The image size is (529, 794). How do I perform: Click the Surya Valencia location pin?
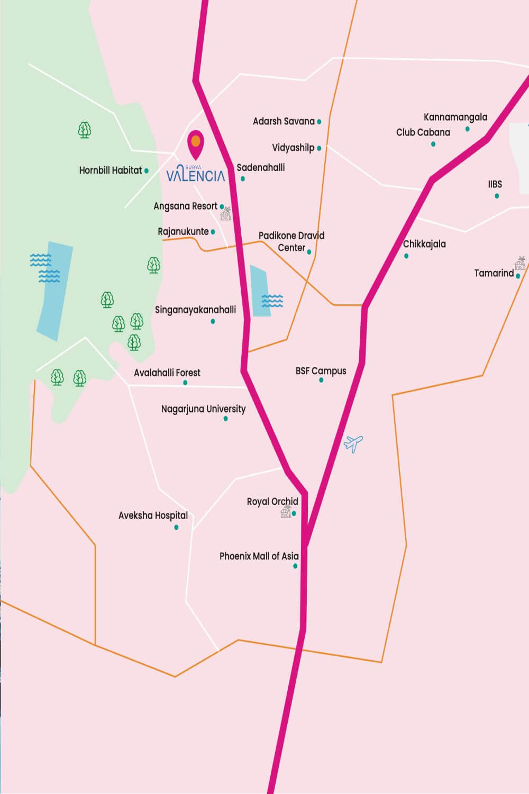click(196, 143)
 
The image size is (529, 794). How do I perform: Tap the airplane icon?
click(353, 444)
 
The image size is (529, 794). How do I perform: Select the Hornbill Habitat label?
click(111, 170)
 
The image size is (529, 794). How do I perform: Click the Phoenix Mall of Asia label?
click(259, 556)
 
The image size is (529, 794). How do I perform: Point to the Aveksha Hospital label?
click(153, 515)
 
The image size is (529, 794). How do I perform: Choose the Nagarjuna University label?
click(203, 409)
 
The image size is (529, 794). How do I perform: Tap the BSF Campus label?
click(321, 371)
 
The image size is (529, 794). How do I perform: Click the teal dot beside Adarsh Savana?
click(319, 122)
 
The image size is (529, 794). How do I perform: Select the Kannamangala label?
click(455, 117)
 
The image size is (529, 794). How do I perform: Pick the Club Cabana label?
click(423, 132)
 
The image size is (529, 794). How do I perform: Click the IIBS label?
click(495, 184)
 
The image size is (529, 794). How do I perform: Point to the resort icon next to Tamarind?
click(520, 263)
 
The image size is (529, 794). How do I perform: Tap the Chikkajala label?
click(424, 244)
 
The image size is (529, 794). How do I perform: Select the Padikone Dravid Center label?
click(291, 241)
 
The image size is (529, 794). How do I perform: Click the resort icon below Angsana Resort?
click(226, 214)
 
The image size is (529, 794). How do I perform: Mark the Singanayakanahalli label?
click(195, 310)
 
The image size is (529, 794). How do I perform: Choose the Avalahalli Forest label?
click(167, 373)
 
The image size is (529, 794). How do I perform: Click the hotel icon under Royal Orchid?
click(286, 512)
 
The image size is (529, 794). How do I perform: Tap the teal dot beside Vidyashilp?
click(319, 149)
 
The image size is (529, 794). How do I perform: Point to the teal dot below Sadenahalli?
click(243, 179)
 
